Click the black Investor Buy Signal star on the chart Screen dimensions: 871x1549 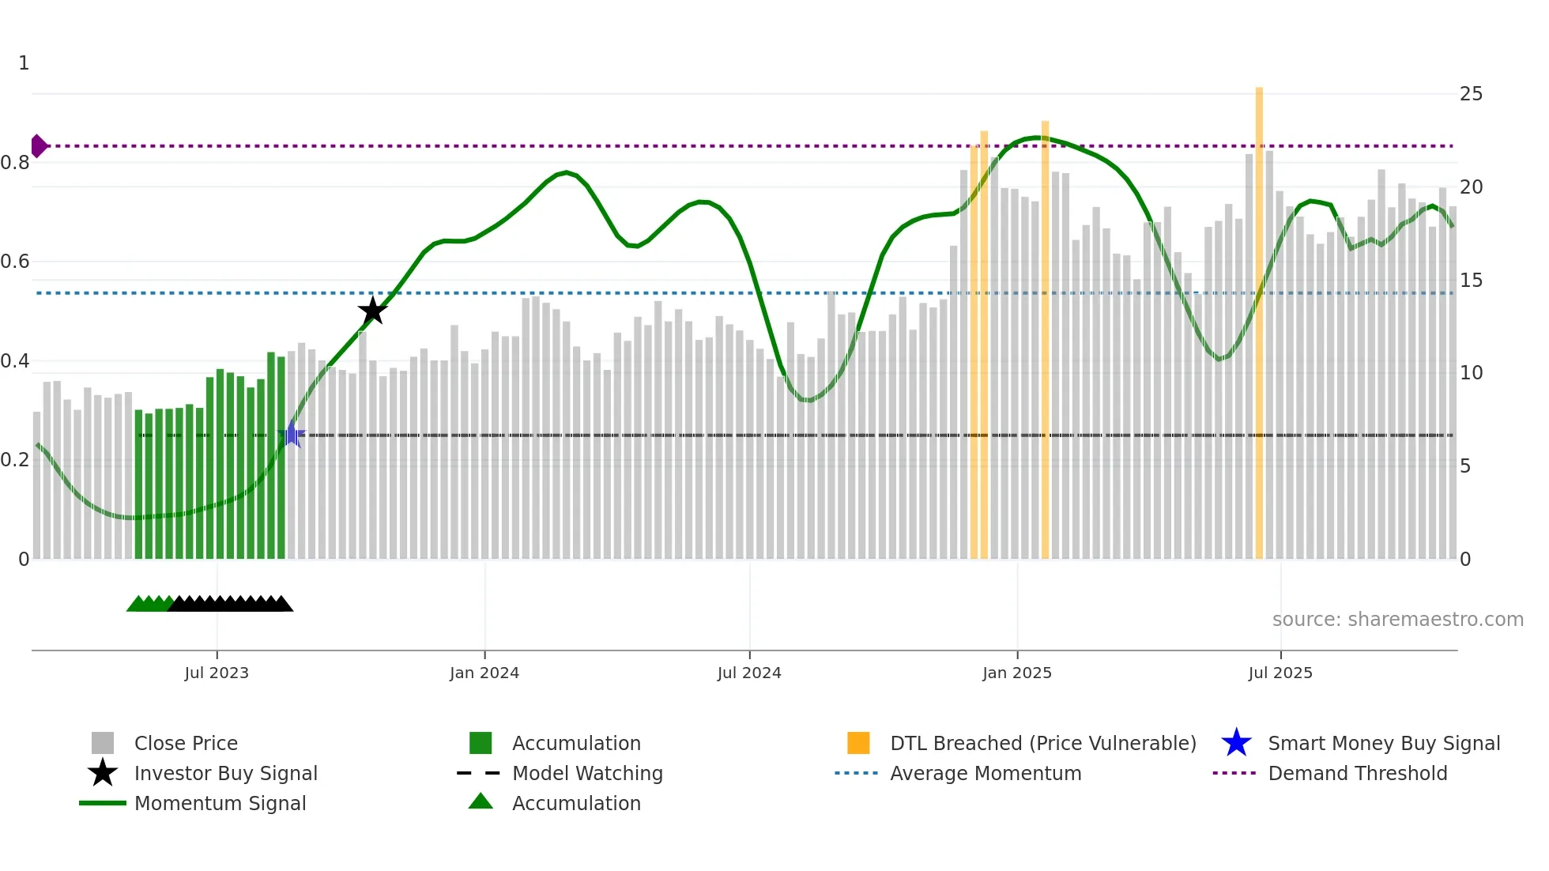tap(372, 311)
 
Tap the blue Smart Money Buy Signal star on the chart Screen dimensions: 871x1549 tap(292, 435)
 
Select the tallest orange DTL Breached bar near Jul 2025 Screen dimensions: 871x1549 tap(1259, 316)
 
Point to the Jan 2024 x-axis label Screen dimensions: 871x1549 tap(484, 673)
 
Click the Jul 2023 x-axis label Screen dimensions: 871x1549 tap(217, 673)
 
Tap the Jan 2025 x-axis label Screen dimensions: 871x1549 tap(1017, 673)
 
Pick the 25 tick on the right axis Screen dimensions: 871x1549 tap(1471, 94)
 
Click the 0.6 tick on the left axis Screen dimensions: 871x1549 tap(16, 262)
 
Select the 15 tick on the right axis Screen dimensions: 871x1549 tap(1471, 281)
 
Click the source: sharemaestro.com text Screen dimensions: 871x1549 tap(1397, 620)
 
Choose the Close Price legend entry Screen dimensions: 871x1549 tap(186, 743)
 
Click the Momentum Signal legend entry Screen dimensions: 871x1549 tap(220, 803)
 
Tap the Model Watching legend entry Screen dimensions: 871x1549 tap(587, 773)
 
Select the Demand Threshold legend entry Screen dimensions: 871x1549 tap(1357, 773)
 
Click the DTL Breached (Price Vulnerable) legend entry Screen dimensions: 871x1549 tap(1042, 743)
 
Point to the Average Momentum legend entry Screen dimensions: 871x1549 tap(986, 773)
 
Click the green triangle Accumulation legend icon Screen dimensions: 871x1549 tap(481, 801)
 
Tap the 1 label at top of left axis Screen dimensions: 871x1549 tap(24, 63)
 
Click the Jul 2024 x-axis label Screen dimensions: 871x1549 tap(749, 673)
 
